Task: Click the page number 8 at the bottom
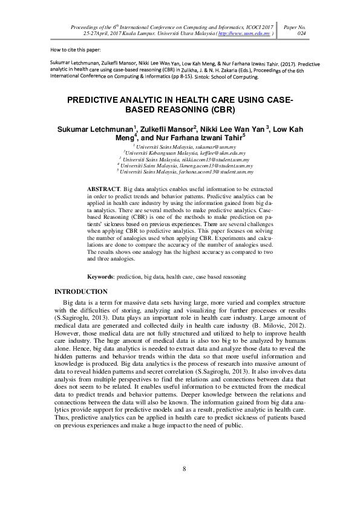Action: point(184,469)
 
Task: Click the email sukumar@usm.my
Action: point(220,147)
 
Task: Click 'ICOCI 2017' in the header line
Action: point(258,27)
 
